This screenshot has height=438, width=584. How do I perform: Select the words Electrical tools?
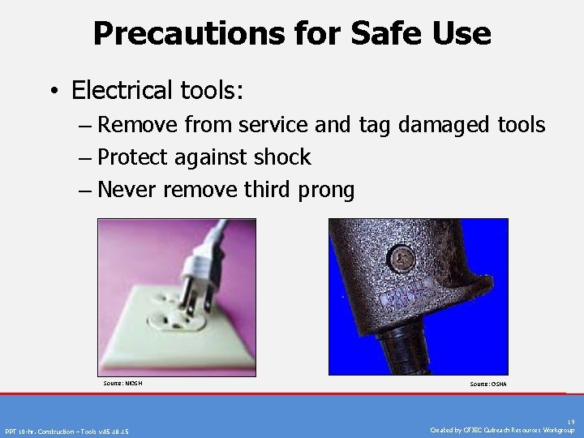coord(157,89)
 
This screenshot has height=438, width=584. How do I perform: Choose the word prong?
coord(324,191)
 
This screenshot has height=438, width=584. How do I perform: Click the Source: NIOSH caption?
coord(122,382)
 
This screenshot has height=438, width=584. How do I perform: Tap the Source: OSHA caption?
coord(487,384)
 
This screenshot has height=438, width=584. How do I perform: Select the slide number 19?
coord(571,422)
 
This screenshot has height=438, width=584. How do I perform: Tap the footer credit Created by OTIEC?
coord(503,430)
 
